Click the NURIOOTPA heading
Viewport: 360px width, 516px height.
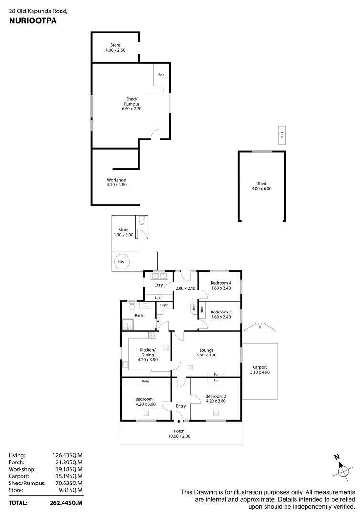(29, 21)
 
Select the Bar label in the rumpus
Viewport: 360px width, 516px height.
(161, 75)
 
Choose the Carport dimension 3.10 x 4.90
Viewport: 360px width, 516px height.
(260, 372)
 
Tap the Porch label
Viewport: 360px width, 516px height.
(179, 431)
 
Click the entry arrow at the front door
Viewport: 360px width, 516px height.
(179, 421)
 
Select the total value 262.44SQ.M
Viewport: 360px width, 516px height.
(67, 503)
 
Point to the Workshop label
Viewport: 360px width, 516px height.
(116, 180)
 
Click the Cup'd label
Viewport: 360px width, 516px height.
(164, 305)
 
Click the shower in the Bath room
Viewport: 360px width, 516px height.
(127, 325)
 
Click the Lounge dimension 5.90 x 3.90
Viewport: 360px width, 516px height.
(207, 355)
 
